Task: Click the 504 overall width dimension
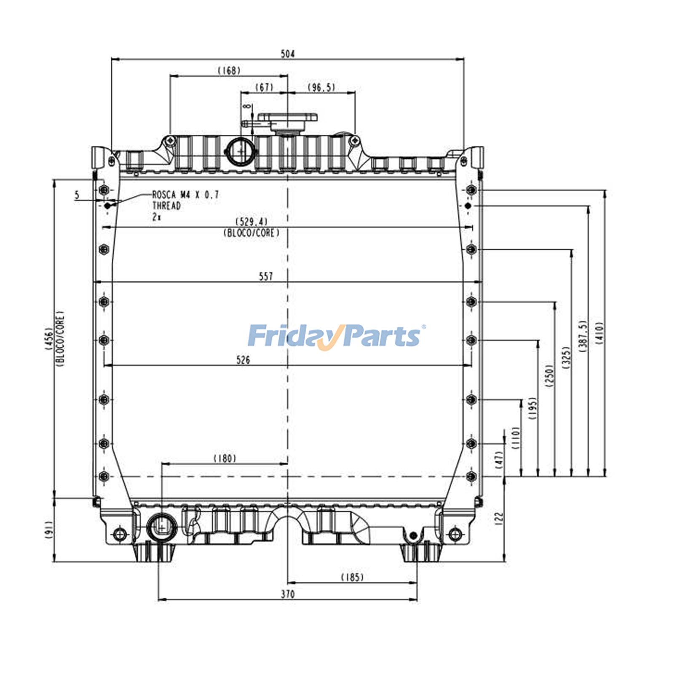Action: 288,54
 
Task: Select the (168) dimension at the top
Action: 229,70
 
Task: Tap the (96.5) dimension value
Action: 321,87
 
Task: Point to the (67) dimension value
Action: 265,87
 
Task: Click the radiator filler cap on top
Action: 287,120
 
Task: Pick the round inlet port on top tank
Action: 241,151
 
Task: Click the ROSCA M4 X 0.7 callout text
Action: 185,195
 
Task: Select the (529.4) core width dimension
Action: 251,222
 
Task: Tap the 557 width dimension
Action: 266,276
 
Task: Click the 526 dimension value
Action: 243,360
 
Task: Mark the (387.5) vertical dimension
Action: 583,336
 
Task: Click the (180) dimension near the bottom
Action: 225,458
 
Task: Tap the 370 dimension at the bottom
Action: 288,594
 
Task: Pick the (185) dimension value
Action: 352,577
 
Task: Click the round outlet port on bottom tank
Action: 161,527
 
